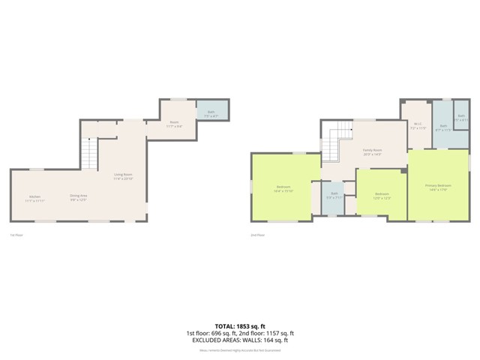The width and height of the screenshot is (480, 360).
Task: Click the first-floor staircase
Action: (89, 156)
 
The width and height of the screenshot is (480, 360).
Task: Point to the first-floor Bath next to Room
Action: (211, 113)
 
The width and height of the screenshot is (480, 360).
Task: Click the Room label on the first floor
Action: (173, 124)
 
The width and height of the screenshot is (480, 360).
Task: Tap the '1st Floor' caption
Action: (16, 235)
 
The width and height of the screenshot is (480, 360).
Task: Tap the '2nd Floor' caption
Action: (257, 235)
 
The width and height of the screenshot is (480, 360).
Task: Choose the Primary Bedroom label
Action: (438, 187)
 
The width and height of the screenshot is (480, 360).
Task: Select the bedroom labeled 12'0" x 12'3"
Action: (381, 196)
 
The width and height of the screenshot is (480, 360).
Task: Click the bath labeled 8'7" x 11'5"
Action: (442, 127)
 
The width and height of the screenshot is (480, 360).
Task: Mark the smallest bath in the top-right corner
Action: (462, 118)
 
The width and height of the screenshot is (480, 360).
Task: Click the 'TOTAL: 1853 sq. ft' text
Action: (240, 325)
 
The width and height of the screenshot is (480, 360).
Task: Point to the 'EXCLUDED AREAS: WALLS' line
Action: (240, 340)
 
